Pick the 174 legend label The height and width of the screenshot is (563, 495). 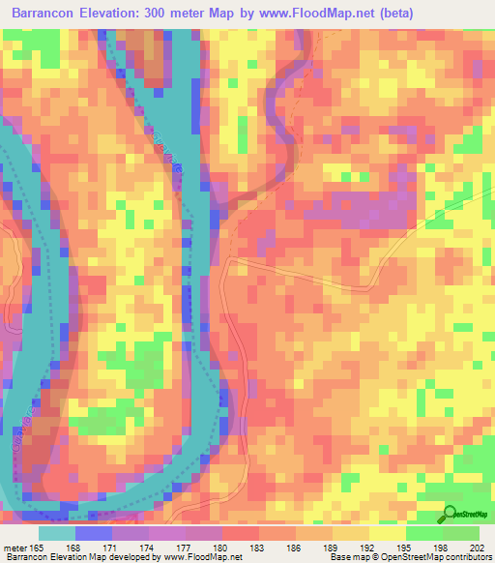149,548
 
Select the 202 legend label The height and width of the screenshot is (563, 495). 476,548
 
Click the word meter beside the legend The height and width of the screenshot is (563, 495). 15,548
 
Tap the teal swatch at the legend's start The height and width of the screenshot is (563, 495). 56,533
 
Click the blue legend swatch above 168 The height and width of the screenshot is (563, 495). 93,533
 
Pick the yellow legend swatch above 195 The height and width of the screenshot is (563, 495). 388,533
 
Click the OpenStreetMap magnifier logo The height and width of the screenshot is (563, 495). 451,516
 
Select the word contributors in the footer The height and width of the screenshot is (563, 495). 468,557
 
